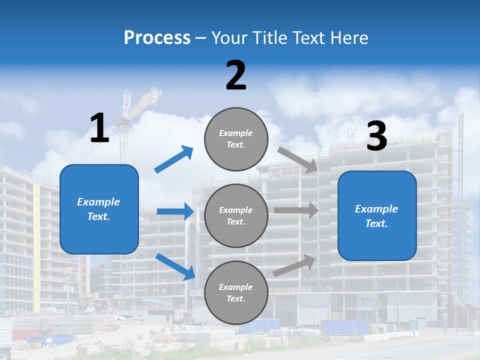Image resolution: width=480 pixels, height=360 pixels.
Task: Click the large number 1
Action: (99, 128)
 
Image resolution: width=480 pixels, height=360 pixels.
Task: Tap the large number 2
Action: (236, 75)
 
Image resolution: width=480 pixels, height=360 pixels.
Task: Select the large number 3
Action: (376, 136)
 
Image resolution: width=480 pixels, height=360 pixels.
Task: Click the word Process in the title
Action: (157, 37)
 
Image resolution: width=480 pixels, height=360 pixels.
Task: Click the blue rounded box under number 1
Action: (99, 209)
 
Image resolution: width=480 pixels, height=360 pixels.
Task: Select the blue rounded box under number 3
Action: (377, 215)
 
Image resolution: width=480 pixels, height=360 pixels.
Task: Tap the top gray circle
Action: (236, 139)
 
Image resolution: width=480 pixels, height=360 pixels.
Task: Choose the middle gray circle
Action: (236, 215)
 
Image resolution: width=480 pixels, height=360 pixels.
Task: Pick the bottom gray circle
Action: (236, 292)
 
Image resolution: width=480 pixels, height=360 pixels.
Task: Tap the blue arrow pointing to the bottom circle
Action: (175, 266)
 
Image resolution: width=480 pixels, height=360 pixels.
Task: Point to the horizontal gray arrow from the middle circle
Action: (295, 210)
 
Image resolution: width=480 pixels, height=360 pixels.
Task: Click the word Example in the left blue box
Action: (98, 202)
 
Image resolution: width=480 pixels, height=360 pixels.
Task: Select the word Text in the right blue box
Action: (376, 223)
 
